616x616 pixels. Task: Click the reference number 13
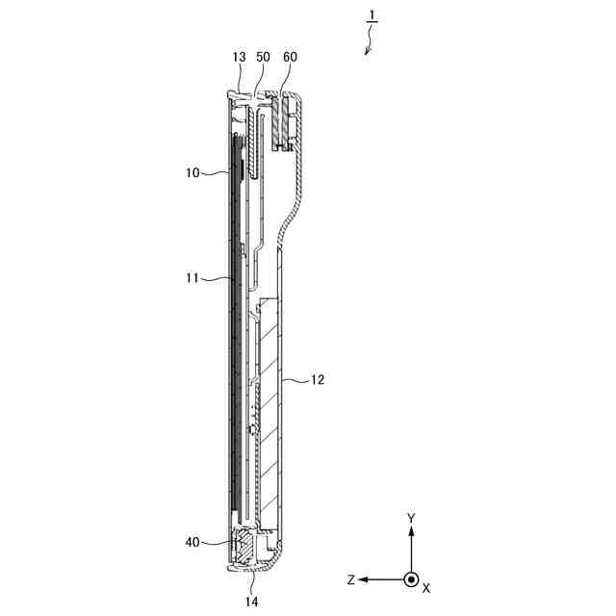239,58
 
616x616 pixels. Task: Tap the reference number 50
263,58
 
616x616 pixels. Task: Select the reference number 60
290,58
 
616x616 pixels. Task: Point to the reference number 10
192,173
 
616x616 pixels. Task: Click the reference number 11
192,278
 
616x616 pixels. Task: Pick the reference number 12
318,380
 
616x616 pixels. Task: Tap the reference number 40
192,543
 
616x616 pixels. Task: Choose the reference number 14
252,602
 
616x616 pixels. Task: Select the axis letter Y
411,518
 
